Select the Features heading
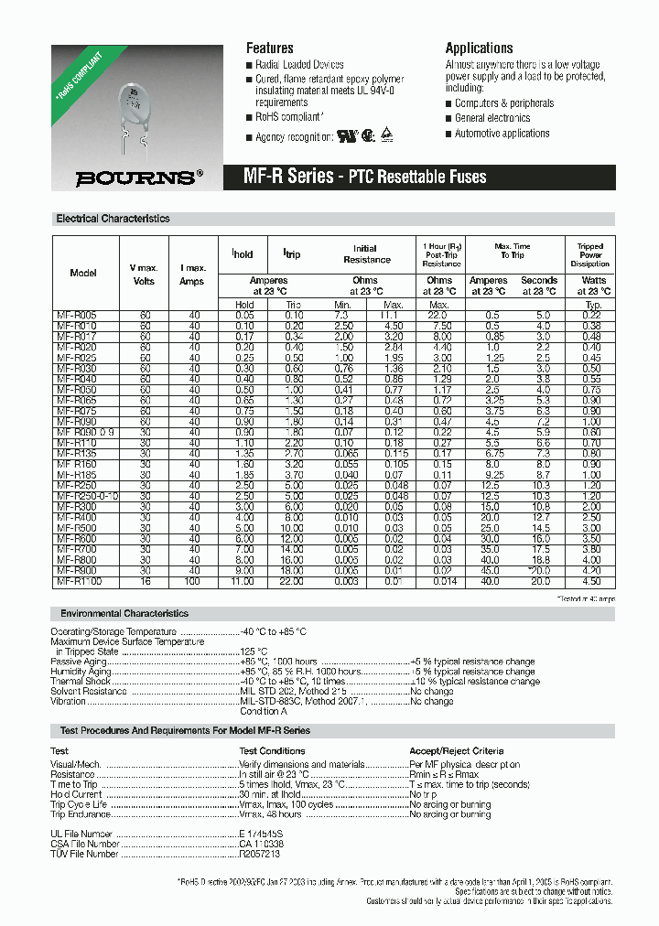pos(270,48)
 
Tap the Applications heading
pos(479,48)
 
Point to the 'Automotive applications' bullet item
pos(502,134)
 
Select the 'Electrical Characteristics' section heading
pos(113,220)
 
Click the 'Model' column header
pos(83,273)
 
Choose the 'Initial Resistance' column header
pos(365,254)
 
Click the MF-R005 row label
pos(77,315)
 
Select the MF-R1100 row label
pos(79,581)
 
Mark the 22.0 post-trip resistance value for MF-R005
pos(439,315)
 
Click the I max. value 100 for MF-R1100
pos(193,581)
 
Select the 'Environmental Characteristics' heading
pos(124,613)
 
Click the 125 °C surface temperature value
pos(254,651)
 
